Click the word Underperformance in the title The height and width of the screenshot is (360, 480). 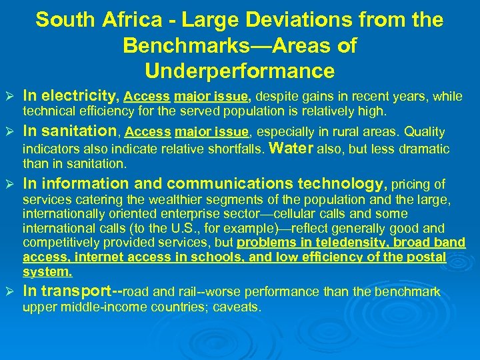tap(239, 71)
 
